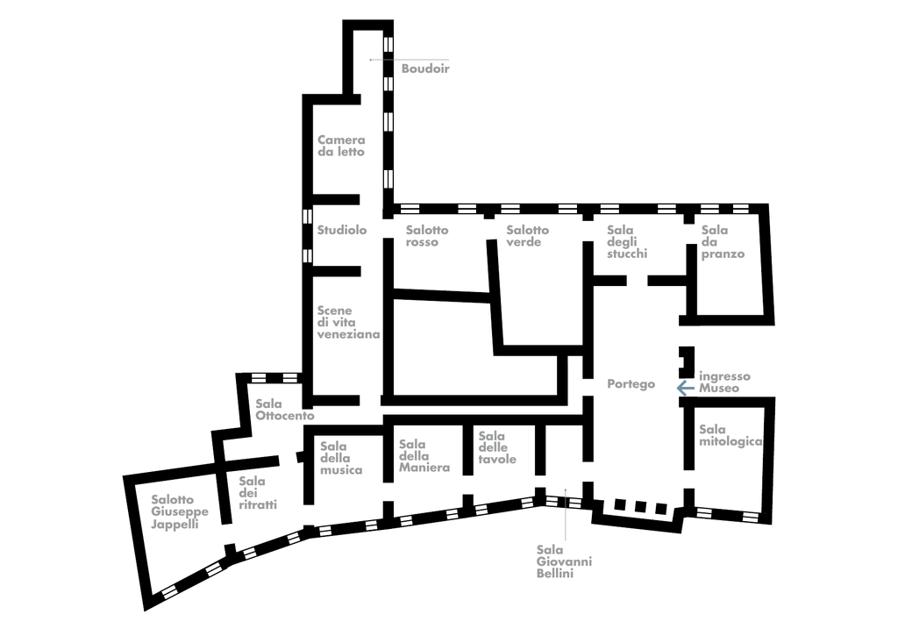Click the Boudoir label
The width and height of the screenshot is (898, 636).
tap(425, 68)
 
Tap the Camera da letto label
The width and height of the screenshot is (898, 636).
tap(341, 146)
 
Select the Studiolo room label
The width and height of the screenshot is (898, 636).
tap(342, 230)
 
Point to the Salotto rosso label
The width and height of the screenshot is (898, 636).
tap(427, 236)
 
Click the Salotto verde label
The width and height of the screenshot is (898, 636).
tap(527, 236)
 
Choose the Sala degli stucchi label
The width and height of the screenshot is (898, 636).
tap(627, 242)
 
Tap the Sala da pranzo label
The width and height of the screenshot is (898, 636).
tap(723, 242)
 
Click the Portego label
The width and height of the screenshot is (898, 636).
tap(631, 384)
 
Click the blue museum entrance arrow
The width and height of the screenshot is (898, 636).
tap(686, 388)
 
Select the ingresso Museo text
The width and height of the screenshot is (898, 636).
tap(724, 382)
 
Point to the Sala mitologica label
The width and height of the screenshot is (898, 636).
tap(731, 435)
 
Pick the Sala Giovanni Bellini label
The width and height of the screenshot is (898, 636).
tap(564, 561)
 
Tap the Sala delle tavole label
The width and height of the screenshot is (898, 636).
tap(497, 447)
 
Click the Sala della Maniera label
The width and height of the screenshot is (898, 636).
tap(424, 455)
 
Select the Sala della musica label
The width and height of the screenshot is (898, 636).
tap(341, 458)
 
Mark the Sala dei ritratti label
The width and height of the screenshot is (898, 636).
tap(258, 493)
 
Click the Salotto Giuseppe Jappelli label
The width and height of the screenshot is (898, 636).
tap(180, 511)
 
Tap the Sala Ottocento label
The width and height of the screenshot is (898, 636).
tap(285, 410)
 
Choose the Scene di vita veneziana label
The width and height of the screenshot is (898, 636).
tap(348, 322)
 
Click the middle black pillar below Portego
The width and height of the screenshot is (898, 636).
tap(640, 506)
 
